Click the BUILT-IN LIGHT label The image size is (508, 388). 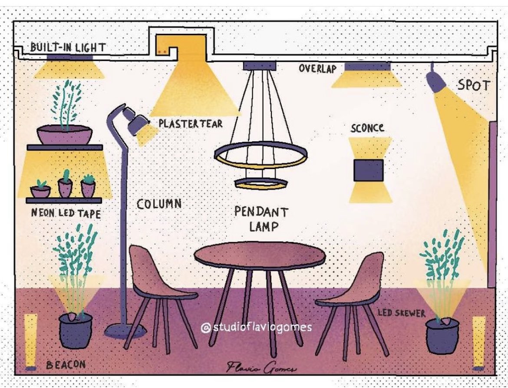tap(67, 47)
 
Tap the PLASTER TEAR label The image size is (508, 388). tap(190, 123)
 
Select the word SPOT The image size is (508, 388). tap(473, 85)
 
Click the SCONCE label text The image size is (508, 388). tap(367, 128)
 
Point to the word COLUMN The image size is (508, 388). tap(159, 204)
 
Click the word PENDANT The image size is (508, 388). tap(261, 212)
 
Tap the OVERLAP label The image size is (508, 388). tap(317, 68)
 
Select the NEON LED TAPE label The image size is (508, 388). tap(66, 213)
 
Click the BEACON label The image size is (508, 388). tap(66, 364)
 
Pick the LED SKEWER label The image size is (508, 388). tap(401, 313)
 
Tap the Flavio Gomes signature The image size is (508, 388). tap(261, 368)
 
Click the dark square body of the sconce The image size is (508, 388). tap(368, 170)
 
